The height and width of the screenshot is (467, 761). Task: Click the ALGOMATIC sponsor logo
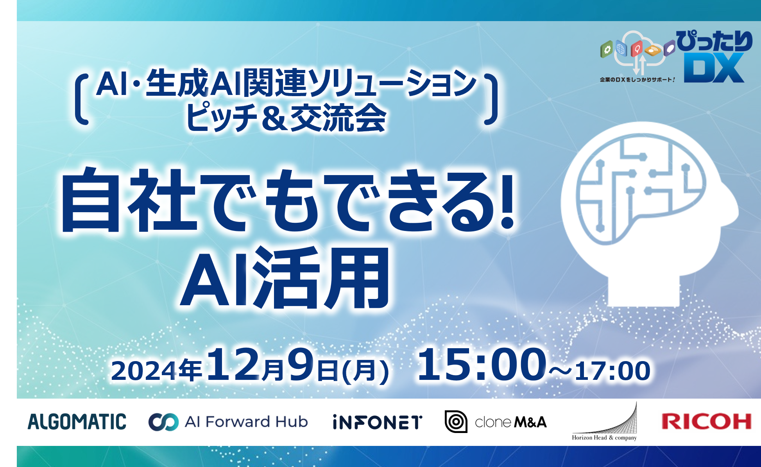[x=77, y=422]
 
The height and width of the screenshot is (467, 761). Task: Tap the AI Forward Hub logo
[x=228, y=422]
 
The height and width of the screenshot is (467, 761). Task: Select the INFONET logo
[x=378, y=422]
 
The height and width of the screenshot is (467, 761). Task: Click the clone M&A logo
[x=496, y=422]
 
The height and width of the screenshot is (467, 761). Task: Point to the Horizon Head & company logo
[x=605, y=422]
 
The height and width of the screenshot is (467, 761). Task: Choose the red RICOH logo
[x=707, y=422]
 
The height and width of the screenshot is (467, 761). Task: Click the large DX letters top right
[x=714, y=68]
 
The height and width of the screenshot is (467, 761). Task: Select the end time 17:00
[x=612, y=370]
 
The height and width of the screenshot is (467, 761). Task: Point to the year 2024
[x=144, y=370]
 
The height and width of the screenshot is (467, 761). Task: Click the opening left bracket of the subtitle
[x=81, y=100]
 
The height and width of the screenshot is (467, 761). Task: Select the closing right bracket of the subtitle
[x=491, y=100]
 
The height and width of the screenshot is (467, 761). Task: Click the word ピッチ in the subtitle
[x=222, y=117]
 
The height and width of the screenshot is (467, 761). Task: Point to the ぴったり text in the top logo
[x=714, y=41]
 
